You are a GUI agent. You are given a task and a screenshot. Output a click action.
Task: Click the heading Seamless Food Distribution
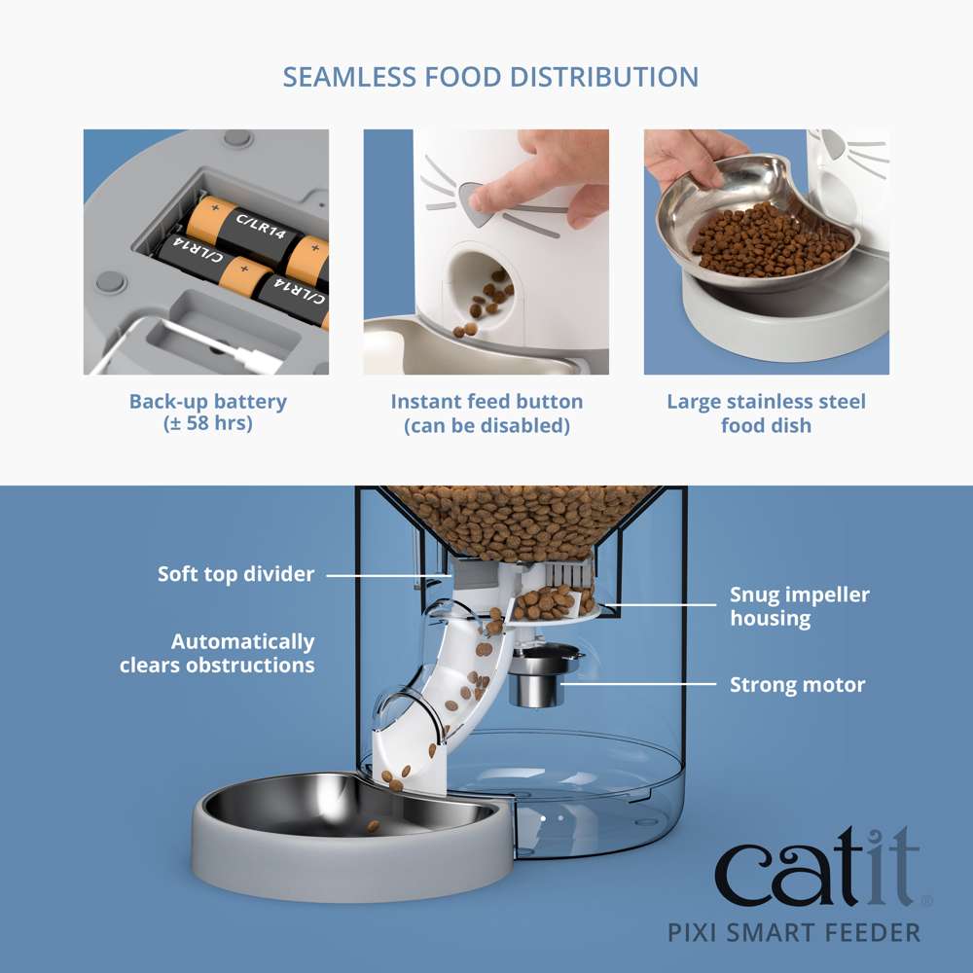pos(490,77)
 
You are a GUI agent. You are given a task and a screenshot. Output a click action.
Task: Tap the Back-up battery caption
pos(208,413)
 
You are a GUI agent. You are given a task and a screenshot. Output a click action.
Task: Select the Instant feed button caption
pos(486,413)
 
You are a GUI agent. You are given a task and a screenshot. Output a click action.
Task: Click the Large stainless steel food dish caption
pos(766,413)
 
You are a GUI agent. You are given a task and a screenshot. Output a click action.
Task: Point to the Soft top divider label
pos(236,574)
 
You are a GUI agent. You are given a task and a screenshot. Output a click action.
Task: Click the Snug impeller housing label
pos(800,606)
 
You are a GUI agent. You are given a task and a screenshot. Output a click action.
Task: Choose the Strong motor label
pos(797,685)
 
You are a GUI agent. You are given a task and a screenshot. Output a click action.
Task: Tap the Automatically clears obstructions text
pos(218,654)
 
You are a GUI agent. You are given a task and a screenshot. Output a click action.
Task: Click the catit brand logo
pos(817,869)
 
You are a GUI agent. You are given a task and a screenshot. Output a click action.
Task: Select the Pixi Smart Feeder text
pos(794,932)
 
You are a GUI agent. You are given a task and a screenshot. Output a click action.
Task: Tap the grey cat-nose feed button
pos(473,199)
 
